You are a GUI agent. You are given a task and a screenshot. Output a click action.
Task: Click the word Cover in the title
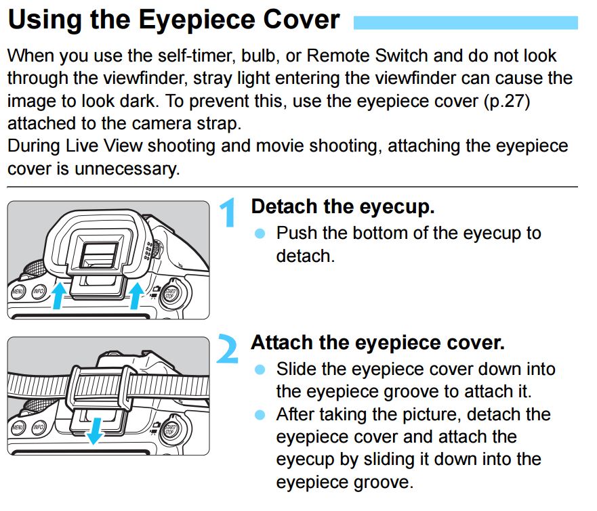coord(292,20)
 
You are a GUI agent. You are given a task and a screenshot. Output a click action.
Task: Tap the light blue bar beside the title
coord(466,24)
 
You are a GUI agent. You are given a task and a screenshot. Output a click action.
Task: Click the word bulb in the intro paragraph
coord(290,55)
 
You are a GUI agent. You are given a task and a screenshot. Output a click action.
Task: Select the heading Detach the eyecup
coord(342,206)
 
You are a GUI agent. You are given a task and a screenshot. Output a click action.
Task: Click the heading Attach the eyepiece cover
coord(377,342)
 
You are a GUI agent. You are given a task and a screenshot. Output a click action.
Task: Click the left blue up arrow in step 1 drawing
coord(60,295)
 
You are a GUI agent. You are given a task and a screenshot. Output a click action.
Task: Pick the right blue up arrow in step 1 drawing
coord(138,294)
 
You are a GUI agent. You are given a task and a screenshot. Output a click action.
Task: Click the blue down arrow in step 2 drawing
coord(96,430)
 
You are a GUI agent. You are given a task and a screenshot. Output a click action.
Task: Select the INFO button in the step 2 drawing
coord(39,428)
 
